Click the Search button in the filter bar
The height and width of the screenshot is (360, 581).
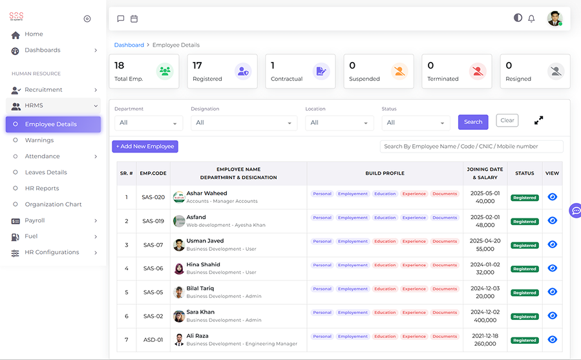coord(473,122)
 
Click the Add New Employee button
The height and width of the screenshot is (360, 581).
coord(145,147)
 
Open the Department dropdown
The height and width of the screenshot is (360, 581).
coord(149,123)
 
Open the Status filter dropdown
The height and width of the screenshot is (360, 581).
coord(416,123)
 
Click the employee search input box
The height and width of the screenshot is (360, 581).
coord(471,147)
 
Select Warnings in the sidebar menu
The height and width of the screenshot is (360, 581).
coord(39,140)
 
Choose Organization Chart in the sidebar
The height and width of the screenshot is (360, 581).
coord(53,204)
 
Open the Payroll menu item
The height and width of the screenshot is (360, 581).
coord(35,220)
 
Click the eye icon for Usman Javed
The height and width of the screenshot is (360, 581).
coord(552,244)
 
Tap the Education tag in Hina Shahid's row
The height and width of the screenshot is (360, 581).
coord(385,265)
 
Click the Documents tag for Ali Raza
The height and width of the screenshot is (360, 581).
coord(445,336)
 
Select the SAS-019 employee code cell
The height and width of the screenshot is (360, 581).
coord(153,221)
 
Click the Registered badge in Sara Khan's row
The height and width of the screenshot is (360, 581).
coord(525,317)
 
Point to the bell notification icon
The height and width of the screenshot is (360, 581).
coord(531,19)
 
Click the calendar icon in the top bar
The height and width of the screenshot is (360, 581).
coord(134,19)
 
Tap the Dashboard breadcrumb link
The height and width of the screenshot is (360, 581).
coord(129,45)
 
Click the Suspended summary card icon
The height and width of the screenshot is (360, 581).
coord(399,71)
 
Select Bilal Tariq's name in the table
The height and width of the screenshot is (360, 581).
coord(200,288)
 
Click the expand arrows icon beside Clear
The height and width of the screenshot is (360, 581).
coord(538,120)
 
